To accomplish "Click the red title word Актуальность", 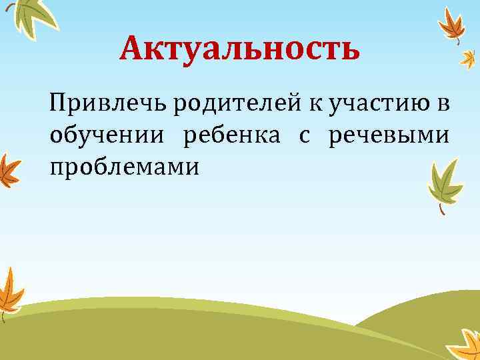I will pyautogui.click(x=240, y=49).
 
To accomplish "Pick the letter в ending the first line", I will pyautogui.click(x=443, y=105).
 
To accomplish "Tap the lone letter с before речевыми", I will pyautogui.click(x=304, y=135).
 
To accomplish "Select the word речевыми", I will pyautogui.click(x=389, y=135).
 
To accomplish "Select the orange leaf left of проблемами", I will pyautogui.click(x=8, y=170).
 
